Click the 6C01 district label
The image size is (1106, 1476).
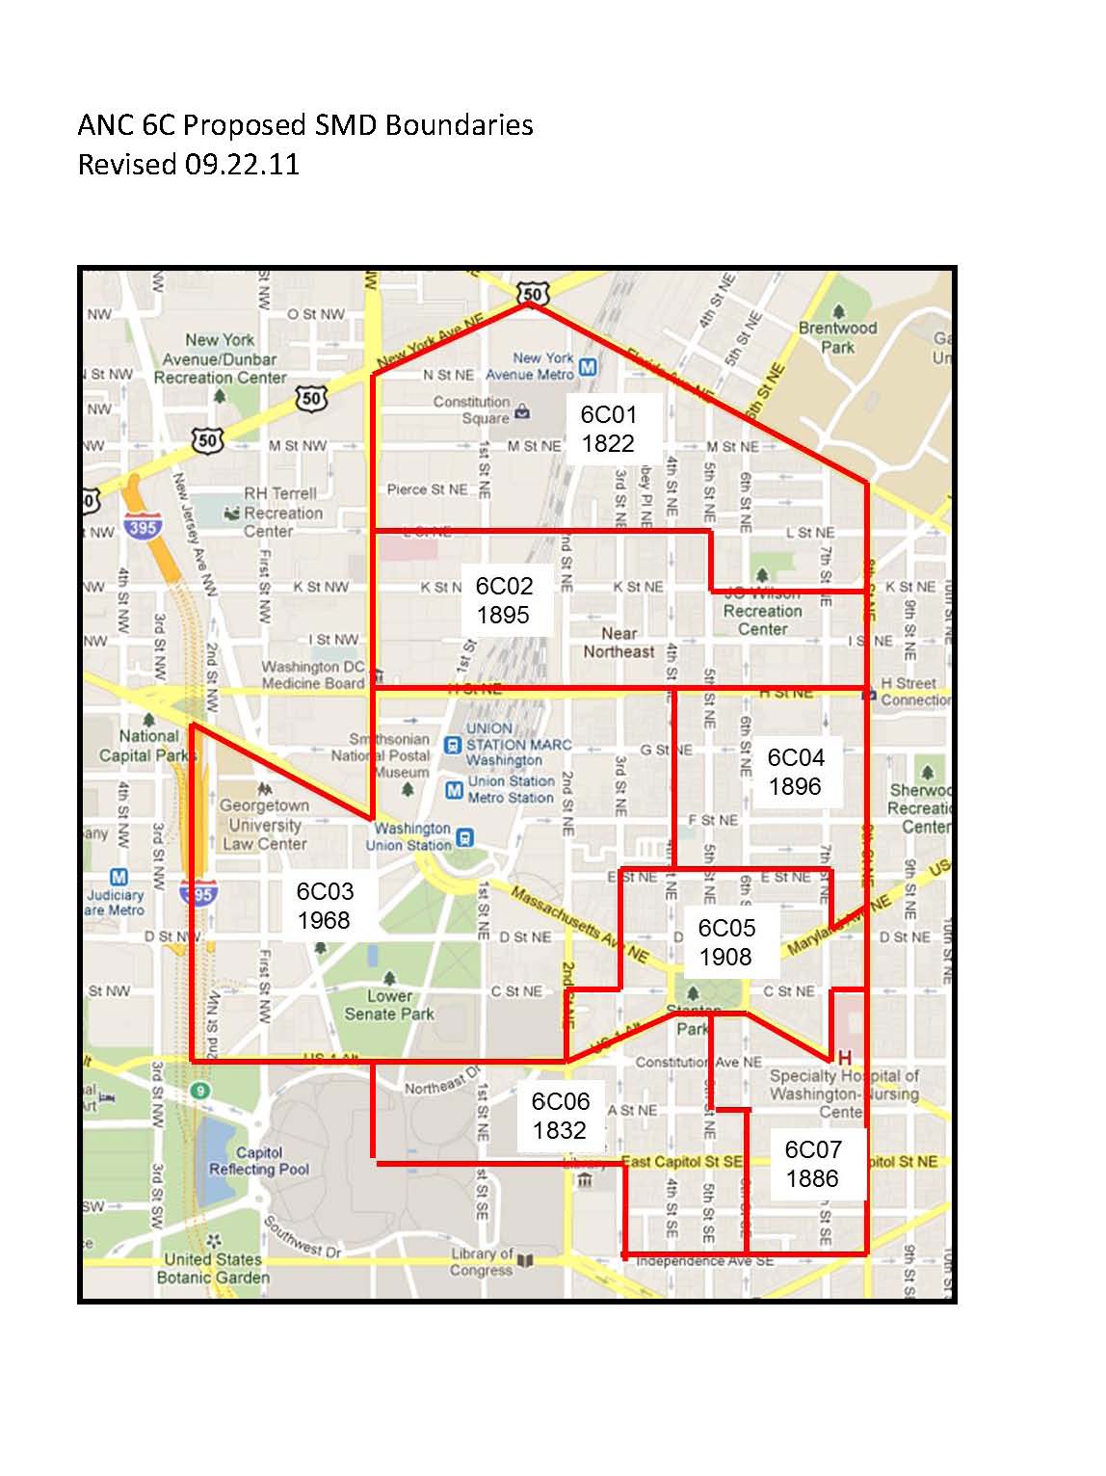tap(608, 415)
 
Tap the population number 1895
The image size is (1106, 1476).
tap(503, 615)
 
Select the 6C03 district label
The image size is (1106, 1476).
tap(325, 891)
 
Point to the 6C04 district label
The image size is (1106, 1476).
tap(796, 758)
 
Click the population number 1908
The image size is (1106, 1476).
tap(724, 957)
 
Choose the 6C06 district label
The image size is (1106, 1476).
tap(560, 1101)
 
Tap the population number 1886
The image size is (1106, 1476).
tap(812, 1178)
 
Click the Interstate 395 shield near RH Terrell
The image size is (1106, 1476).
tap(143, 527)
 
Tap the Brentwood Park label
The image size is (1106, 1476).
tap(837, 337)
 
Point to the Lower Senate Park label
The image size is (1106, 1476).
tap(389, 1005)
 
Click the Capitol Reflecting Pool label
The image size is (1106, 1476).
tap(260, 1161)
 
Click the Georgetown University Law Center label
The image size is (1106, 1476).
tap(264, 825)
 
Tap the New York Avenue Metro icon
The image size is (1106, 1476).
tap(588, 367)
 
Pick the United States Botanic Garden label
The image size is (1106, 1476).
tap(213, 1268)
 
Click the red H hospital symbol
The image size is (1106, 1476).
tap(845, 1058)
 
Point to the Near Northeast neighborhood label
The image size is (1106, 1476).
tap(619, 643)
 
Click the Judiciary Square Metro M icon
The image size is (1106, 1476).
tap(118, 877)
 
